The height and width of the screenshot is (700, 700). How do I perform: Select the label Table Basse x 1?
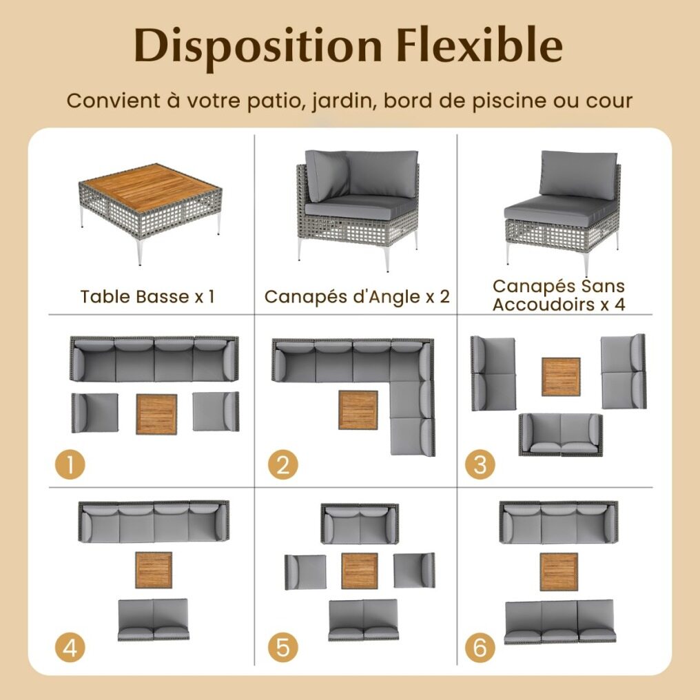[x=147, y=297]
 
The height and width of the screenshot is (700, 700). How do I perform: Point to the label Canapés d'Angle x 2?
[x=357, y=296]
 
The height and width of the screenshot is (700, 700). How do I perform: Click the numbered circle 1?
[x=70, y=464]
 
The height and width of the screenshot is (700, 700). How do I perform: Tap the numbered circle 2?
[x=283, y=464]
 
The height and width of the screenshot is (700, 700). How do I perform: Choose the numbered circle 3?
[x=480, y=464]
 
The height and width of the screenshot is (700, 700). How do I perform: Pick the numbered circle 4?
[x=70, y=648]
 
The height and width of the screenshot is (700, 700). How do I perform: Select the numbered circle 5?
[x=283, y=648]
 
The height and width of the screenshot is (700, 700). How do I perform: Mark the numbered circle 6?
[x=480, y=648]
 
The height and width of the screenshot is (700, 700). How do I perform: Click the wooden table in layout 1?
[x=156, y=414]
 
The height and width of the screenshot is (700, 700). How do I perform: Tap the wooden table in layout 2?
[x=358, y=410]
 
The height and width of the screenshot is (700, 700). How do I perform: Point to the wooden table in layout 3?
[x=561, y=377]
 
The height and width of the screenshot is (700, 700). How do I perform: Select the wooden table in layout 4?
[x=154, y=570]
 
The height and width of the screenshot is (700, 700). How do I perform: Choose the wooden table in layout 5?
[x=360, y=571]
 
